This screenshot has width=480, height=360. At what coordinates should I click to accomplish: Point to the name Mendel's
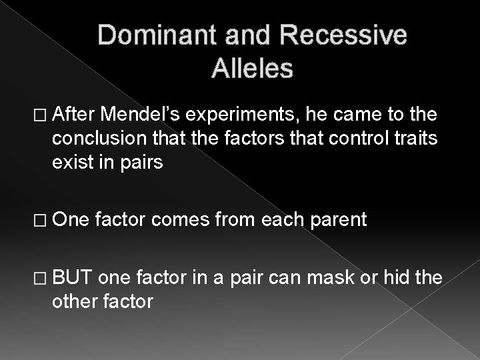click(x=149, y=115)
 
